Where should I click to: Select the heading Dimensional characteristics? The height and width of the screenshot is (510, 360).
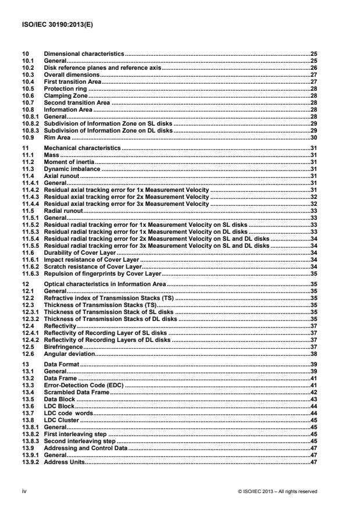(x=84, y=53)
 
